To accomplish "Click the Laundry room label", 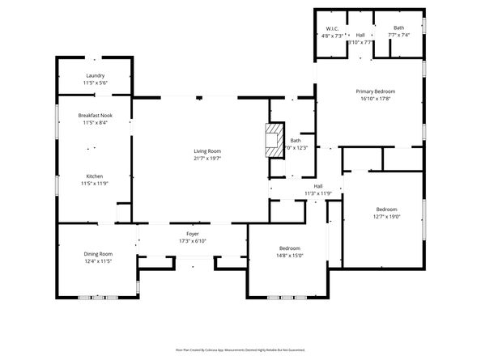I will click(x=95, y=76).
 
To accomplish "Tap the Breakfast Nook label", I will click(x=95, y=116).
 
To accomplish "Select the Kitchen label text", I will click(x=95, y=176).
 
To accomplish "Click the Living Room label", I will click(x=207, y=151).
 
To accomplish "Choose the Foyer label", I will click(x=193, y=234).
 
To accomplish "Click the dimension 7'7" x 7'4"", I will click(x=399, y=35).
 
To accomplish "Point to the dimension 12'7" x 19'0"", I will click(x=386, y=216).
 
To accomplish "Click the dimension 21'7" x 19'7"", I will click(x=207, y=159).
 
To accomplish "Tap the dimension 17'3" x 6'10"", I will click(x=193, y=241).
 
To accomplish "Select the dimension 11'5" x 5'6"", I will click(x=95, y=83).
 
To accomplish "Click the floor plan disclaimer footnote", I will click(x=240, y=349).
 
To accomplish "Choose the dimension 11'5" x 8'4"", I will click(x=95, y=123).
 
